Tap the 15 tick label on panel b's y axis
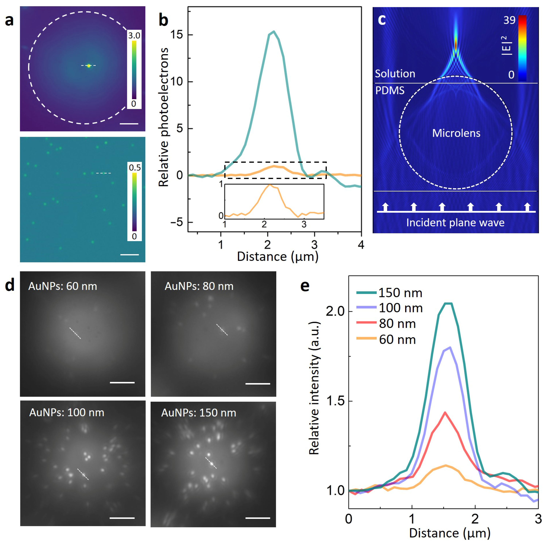176,35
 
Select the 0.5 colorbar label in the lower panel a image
135,167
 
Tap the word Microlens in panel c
456,133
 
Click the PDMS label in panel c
390,91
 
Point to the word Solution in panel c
395,74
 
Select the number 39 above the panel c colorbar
509,20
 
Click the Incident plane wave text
455,222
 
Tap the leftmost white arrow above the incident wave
385,207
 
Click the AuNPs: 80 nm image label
199,286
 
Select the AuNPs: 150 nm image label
199,413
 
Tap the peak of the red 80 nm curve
445,412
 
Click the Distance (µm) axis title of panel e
450,533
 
